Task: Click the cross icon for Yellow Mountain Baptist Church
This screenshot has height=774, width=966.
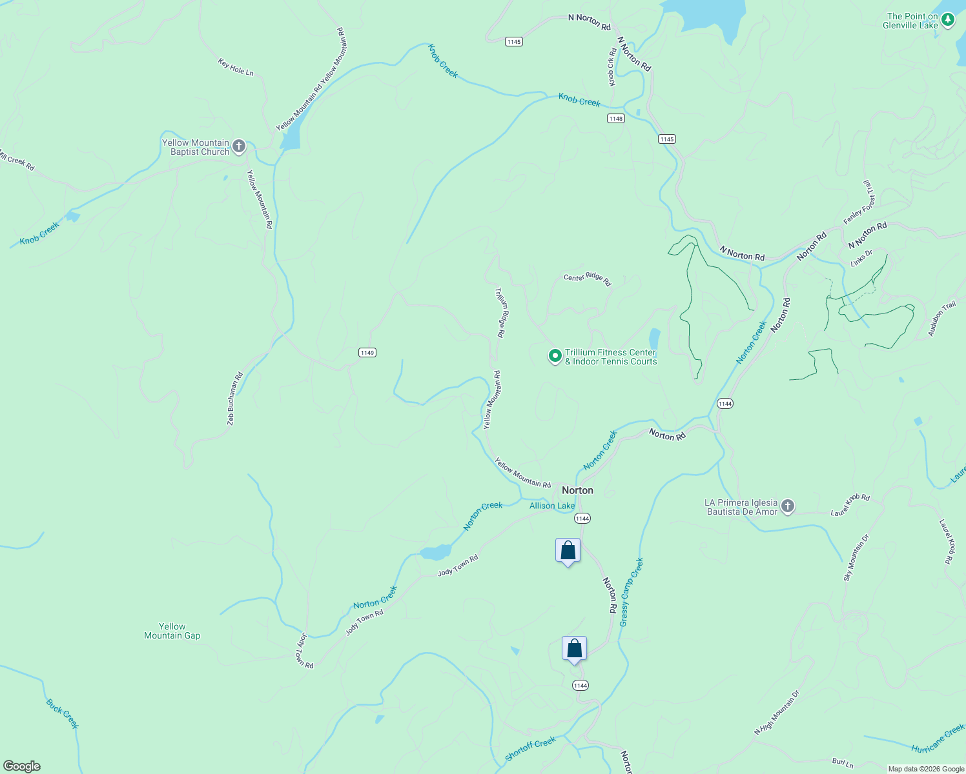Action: point(239,147)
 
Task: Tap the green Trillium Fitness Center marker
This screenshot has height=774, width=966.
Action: point(555,356)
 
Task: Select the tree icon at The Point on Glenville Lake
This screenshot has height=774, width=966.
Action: point(948,21)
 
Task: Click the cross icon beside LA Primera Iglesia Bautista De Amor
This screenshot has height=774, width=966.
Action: point(788,507)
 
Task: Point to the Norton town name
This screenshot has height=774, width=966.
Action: point(577,490)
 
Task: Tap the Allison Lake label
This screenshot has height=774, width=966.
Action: point(552,506)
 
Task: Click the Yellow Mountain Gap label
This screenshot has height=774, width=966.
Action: point(172,631)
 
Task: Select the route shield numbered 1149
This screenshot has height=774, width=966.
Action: point(367,352)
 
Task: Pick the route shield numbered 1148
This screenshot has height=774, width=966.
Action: point(616,119)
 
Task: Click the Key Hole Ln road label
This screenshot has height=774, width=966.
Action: point(236,67)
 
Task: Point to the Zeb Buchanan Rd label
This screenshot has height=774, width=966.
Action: point(234,399)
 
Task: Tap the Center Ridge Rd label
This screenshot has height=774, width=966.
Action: point(587,279)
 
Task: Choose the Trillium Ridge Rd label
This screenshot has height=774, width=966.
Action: point(501,313)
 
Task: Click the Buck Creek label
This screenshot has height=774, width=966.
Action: point(63,714)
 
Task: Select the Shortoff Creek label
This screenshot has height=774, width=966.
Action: point(530,749)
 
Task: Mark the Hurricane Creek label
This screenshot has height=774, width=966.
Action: point(938,739)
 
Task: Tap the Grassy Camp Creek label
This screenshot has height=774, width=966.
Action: point(632,592)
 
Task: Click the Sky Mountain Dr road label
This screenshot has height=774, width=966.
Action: point(856,558)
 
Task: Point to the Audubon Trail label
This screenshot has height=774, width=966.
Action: point(941,319)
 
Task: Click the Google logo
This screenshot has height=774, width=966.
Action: point(22,766)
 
